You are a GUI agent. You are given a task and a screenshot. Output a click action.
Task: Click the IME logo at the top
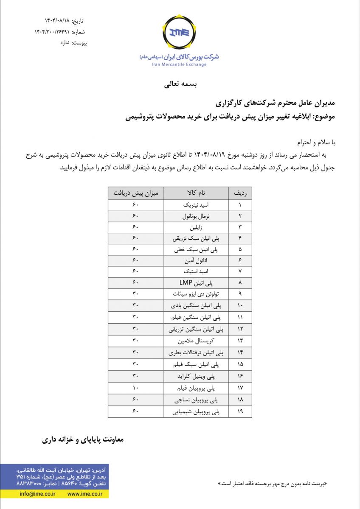click(x=179, y=32)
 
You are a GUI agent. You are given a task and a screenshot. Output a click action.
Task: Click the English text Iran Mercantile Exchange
click(x=179, y=64)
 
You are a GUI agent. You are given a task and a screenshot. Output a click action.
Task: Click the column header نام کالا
click(x=196, y=193)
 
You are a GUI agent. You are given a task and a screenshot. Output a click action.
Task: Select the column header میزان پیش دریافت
click(x=135, y=193)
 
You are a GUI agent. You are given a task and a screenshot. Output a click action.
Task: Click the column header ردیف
click(x=240, y=193)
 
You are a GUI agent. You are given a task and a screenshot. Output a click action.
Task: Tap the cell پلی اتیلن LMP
click(x=196, y=282)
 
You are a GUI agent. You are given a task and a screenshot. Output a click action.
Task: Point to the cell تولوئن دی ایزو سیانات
click(x=196, y=294)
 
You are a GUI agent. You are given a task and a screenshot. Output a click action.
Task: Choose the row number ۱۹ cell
click(x=240, y=411)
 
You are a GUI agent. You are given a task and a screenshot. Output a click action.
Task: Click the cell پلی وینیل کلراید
click(x=196, y=376)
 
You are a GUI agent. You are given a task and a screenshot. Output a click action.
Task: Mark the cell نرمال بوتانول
click(x=196, y=216)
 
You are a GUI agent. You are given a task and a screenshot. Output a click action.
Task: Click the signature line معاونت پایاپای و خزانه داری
click(x=82, y=439)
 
